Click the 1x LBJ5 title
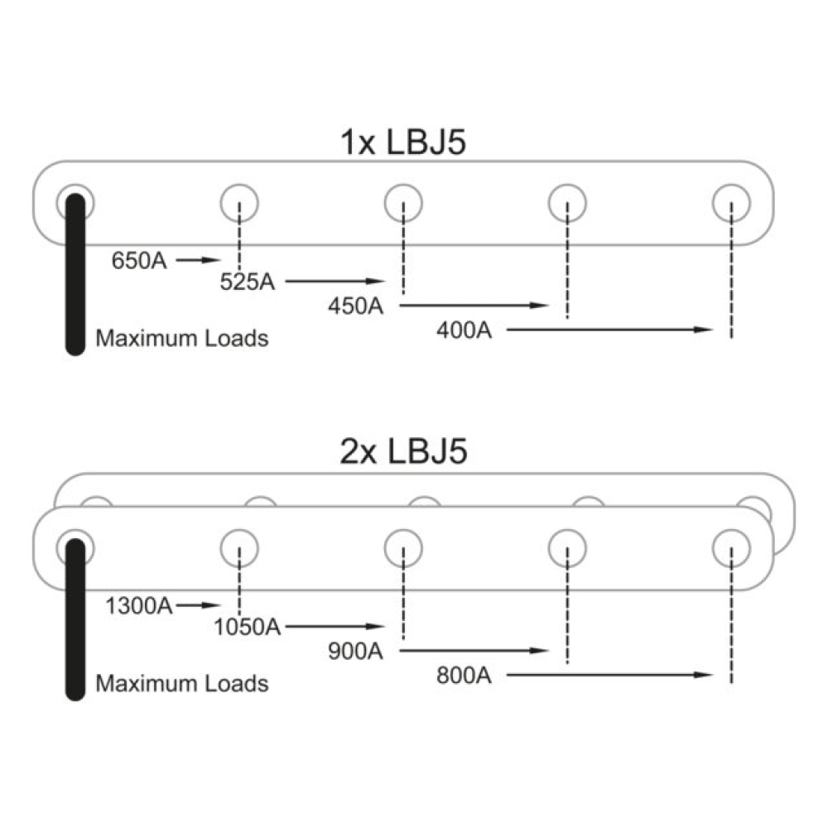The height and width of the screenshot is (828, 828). tap(403, 142)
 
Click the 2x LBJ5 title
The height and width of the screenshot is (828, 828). tap(403, 451)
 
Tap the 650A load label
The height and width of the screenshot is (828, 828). tap(139, 260)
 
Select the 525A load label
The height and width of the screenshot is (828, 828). tap(247, 282)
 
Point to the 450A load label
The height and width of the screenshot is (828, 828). tap(355, 306)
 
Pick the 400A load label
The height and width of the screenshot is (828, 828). tap(464, 330)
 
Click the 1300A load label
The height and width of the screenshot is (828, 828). tap(139, 606)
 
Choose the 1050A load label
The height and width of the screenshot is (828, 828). tap(247, 627)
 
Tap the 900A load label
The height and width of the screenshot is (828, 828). tap(355, 651)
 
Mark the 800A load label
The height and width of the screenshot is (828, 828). tap(464, 676)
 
